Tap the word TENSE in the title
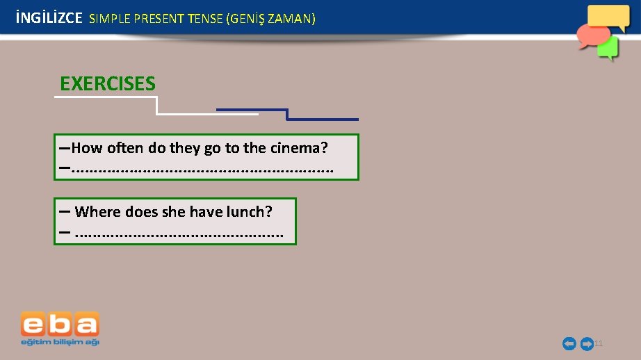[x=204, y=19]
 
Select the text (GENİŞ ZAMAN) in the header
[x=270, y=19]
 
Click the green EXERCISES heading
[x=108, y=84]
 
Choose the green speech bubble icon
[x=608, y=48]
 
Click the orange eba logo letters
[x=60, y=324]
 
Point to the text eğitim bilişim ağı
[x=60, y=341]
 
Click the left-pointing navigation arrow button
[x=569, y=343]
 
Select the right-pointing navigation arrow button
[x=586, y=343]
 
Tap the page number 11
[x=599, y=343]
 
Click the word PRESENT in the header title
[x=158, y=19]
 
